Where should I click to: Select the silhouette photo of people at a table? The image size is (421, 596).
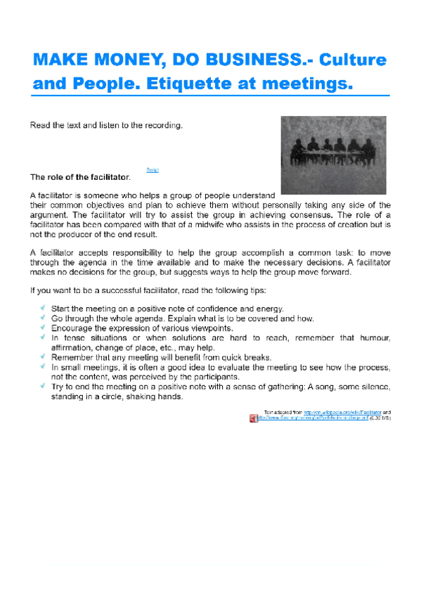click(x=332, y=155)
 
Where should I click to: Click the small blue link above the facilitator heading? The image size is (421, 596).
click(x=153, y=170)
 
